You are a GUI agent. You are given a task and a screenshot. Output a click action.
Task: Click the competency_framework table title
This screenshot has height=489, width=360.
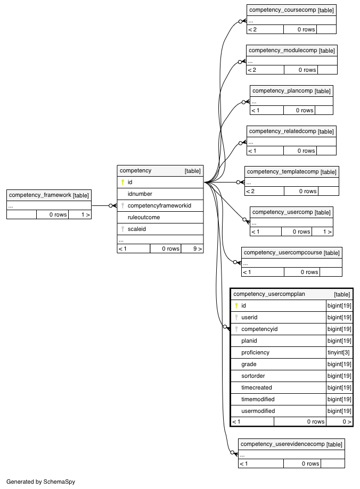(x=40, y=195)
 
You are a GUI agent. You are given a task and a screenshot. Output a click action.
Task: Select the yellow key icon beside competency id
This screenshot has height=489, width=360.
(x=122, y=182)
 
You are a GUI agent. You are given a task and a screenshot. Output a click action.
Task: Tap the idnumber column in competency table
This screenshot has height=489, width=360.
(x=140, y=194)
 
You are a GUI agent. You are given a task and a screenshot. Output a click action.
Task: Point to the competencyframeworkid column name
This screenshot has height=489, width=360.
(x=159, y=206)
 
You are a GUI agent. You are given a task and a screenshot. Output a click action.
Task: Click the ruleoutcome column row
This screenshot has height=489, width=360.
(x=160, y=218)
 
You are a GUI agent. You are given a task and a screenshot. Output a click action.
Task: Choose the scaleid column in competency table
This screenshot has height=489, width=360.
(x=137, y=229)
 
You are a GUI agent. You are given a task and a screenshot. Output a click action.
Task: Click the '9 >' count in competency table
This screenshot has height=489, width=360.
(x=198, y=248)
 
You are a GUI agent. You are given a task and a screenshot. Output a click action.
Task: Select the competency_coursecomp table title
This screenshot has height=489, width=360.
(x=283, y=10)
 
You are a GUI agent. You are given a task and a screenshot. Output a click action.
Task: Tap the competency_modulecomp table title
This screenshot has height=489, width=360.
(x=283, y=51)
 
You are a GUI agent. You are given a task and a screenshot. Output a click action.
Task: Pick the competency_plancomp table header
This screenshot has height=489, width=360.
(x=291, y=91)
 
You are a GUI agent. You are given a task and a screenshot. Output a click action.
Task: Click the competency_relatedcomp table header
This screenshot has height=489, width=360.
(x=291, y=131)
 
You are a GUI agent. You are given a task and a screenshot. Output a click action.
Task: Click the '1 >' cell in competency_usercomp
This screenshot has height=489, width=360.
(x=327, y=231)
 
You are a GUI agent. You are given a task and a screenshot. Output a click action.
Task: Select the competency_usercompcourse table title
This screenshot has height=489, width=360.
(x=283, y=253)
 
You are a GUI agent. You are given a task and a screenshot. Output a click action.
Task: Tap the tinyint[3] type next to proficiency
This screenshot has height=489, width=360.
(x=339, y=352)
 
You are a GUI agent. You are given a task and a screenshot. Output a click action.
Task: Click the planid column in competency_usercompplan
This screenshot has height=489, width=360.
(x=249, y=341)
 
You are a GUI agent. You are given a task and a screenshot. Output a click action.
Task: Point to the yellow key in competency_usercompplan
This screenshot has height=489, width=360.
(x=236, y=305)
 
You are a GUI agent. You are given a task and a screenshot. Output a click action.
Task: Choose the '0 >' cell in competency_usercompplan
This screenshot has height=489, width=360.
(x=347, y=421)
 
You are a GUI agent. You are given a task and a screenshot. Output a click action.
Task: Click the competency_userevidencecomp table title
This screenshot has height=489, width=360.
(x=283, y=444)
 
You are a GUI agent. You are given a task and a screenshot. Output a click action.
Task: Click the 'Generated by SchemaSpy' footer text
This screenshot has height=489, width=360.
(x=40, y=482)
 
